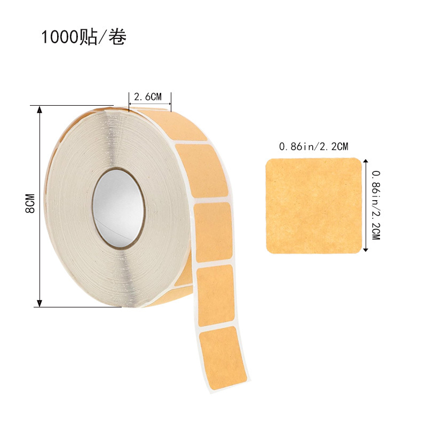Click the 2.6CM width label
pos(148,97)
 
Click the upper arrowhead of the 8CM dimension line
pos(39,109)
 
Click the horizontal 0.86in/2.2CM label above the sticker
pos(313,146)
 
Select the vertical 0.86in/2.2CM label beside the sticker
pos(375,205)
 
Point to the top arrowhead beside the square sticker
pos(366,161)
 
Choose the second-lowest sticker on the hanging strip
pos(216,295)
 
